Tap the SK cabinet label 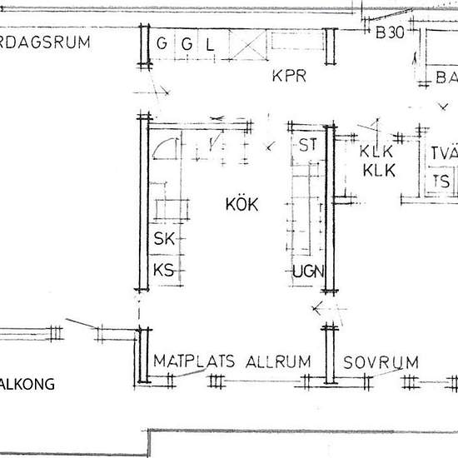pos(163,240)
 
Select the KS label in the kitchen pos(163,271)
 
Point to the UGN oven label pos(307,271)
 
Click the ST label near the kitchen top pos(308,145)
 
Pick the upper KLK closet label pos(376,152)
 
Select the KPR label pos(289,77)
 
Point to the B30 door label pos(390,34)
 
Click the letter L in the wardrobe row pos(210,45)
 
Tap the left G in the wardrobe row pos(162,45)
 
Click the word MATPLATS pos(195,362)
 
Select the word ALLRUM pos(278,362)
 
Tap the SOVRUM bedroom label pos(381,362)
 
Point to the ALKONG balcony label pos(27,385)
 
